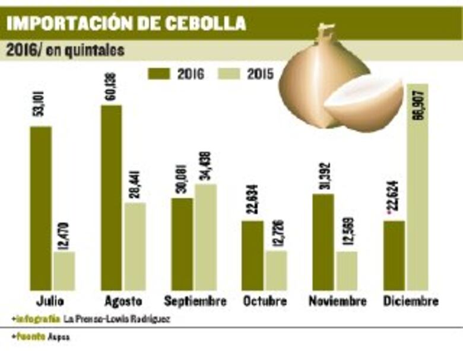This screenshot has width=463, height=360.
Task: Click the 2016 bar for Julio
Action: tap(40, 208)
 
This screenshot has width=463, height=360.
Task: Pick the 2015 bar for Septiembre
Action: tap(206, 237)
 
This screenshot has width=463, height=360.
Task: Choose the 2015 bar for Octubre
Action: tap(277, 270)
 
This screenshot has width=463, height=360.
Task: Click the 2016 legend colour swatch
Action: tap(158, 74)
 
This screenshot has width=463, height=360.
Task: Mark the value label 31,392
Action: tap(323, 173)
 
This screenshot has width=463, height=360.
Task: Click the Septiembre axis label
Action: tap(195, 301)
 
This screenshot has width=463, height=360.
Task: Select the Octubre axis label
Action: tap(265, 301)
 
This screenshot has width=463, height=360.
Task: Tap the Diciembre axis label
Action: tap(411, 301)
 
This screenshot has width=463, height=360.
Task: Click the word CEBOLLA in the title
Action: tap(203, 23)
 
